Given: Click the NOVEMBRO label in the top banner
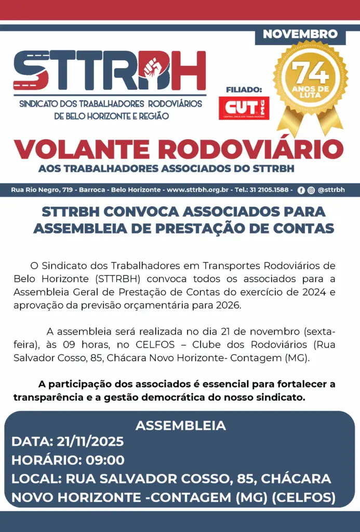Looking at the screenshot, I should [300, 35].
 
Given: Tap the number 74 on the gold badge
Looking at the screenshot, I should [310, 74].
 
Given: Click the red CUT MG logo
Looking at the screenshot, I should [244, 108].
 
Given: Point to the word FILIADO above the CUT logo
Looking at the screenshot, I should [244, 90].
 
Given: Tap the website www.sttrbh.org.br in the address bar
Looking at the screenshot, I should [198, 190].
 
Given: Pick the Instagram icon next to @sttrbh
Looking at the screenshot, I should [311, 190].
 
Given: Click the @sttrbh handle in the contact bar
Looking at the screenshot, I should [331, 190].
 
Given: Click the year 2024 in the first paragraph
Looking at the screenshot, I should [315, 292].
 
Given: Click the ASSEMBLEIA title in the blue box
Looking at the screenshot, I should [180, 425].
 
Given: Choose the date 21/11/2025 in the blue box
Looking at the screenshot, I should [89, 442].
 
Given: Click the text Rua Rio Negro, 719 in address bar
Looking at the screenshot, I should [42, 190].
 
